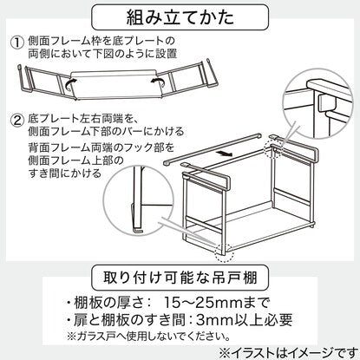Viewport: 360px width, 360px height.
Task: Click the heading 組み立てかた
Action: point(180,17)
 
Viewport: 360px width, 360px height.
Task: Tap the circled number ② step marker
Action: point(16,120)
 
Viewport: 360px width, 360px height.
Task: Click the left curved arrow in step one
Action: point(70,83)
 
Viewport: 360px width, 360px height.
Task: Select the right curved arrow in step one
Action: point(158,82)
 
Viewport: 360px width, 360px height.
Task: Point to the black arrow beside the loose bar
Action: point(226,154)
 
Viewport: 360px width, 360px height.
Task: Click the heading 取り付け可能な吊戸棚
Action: point(180,278)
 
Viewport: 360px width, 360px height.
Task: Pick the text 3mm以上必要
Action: point(244,319)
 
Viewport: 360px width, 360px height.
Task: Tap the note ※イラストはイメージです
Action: point(289,353)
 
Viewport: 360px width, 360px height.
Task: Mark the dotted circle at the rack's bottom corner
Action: point(225,252)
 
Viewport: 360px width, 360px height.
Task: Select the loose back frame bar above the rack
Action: point(213,148)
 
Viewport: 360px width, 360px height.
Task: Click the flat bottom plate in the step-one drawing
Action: point(115,85)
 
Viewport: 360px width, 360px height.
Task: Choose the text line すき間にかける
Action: point(65,173)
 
